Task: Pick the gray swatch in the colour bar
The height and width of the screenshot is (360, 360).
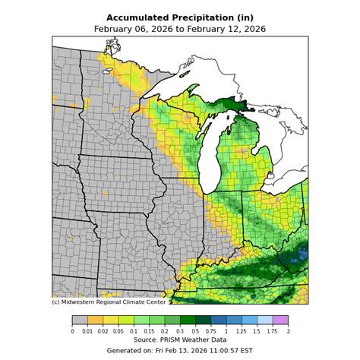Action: tap(80, 321)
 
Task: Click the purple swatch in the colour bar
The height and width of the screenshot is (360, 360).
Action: tap(281, 321)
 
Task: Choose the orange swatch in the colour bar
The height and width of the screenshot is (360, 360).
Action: tap(96, 321)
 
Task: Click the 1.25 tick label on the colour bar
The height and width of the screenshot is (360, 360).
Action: tap(242, 331)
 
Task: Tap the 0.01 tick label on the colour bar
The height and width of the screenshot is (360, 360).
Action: tap(88, 331)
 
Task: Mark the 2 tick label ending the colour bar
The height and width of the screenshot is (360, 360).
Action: tap(289, 331)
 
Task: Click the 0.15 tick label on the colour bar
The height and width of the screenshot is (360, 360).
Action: tap(150, 331)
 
